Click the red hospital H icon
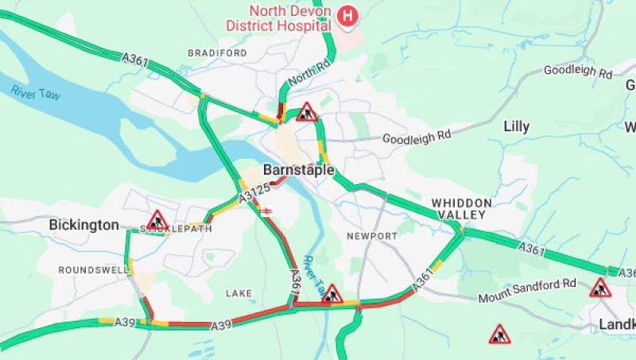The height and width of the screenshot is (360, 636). pos(347,15)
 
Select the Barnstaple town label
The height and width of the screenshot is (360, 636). pos(298,170)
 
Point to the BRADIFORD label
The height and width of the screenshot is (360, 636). pos(217,52)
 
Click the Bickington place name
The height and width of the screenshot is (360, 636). pos(83,225)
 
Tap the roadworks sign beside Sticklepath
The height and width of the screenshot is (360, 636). pos(157,219)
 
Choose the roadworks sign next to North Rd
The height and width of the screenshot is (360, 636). pos(307,112)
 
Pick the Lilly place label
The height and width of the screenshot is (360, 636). pos(516,126)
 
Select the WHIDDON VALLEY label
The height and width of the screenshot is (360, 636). pos(462,209)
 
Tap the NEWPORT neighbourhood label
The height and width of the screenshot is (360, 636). pos(371,236)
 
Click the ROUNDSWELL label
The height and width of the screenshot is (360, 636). pos(93,270)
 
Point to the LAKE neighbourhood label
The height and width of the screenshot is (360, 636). pos(238,293)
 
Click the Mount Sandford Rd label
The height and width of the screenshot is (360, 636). pos(526,291)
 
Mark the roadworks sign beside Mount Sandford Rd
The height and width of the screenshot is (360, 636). pos(599,288)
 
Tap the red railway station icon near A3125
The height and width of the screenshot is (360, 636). pos(266,209)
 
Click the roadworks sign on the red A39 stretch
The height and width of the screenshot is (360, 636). pos(332,294)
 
